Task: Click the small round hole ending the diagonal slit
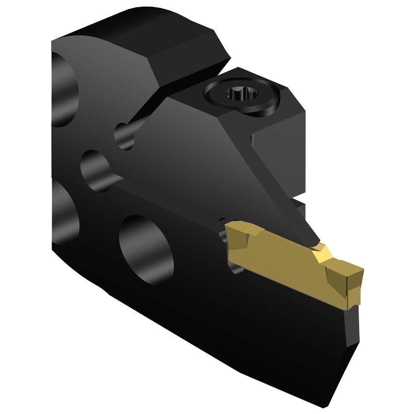125,136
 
